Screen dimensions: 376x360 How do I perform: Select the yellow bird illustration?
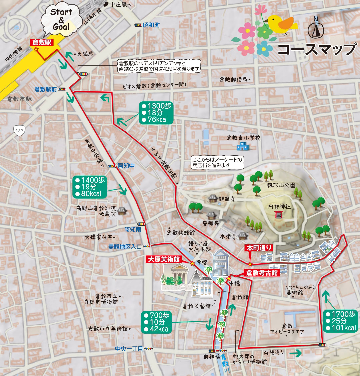pyautogui.click(x=282, y=24)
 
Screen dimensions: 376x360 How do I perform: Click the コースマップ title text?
pyautogui.click(x=317, y=49)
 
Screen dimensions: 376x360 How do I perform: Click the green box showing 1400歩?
pyautogui.click(x=90, y=187)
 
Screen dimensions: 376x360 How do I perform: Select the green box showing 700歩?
pyautogui.click(x=157, y=322)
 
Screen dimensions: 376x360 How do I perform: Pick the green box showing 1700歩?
pyautogui.click(x=341, y=321)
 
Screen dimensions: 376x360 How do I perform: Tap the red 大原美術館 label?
pyautogui.click(x=164, y=259)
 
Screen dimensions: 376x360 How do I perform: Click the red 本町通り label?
pyautogui.click(x=259, y=248)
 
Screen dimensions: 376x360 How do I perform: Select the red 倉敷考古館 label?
pyautogui.click(x=262, y=273)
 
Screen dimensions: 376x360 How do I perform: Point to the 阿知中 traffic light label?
pyautogui.click(x=126, y=165)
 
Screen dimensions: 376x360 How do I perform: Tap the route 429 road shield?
pyautogui.click(x=19, y=130)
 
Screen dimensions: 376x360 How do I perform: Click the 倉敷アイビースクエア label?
pyautogui.click(x=287, y=329)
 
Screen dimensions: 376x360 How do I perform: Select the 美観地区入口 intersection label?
pyautogui.click(x=125, y=246)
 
